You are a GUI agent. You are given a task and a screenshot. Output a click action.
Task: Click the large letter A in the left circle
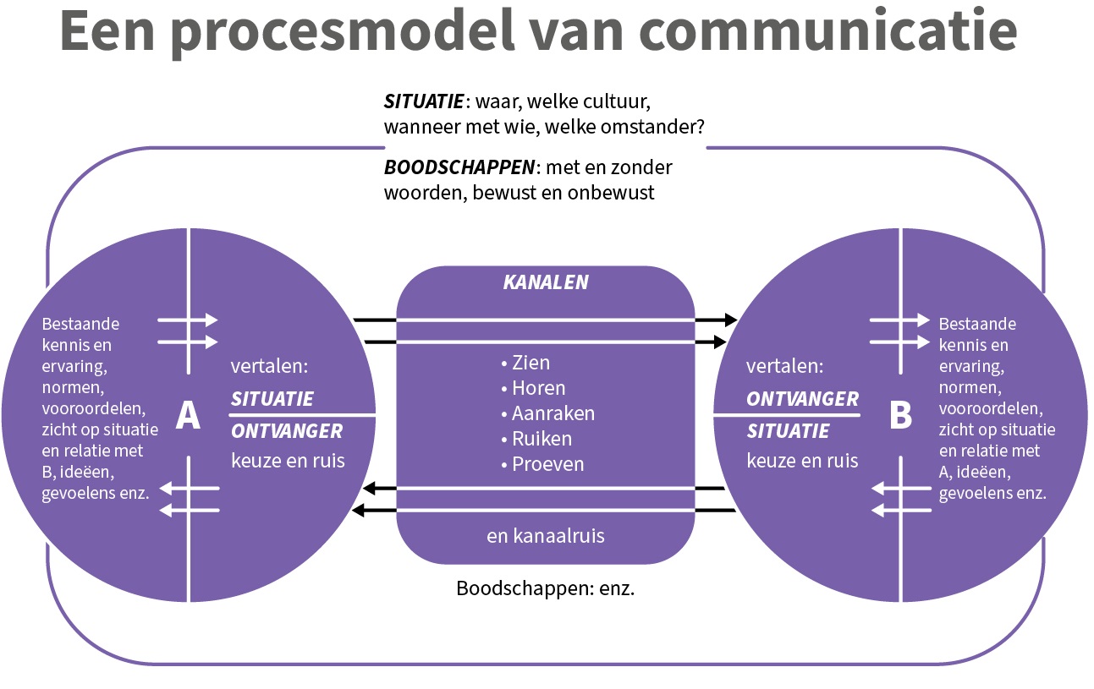coord(187,415)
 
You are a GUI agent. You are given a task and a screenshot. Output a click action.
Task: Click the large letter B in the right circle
coord(901,415)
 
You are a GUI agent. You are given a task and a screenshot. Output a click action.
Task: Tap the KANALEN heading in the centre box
coord(546,282)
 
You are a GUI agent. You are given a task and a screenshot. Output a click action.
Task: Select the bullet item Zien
coord(531,363)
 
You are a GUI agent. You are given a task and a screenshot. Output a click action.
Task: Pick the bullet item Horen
coord(538,388)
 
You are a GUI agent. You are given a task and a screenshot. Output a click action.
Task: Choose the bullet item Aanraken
coord(552,413)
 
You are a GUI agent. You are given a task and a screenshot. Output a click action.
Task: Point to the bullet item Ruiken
coord(542,439)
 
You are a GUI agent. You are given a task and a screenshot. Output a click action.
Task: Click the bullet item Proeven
coord(547,464)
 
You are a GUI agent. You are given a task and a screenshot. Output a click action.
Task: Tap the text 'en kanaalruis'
coord(546,535)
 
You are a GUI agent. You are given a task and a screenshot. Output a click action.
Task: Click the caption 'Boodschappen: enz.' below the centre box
coord(546,588)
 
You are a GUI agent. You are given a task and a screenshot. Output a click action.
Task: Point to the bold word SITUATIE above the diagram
coord(424,101)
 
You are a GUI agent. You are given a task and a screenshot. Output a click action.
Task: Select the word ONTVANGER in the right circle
coord(802,399)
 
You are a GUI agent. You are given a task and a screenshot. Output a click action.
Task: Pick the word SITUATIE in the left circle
coord(272,399)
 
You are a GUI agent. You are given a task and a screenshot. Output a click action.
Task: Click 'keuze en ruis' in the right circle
coord(802,461)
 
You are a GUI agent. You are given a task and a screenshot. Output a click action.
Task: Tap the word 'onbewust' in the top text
coord(621,192)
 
